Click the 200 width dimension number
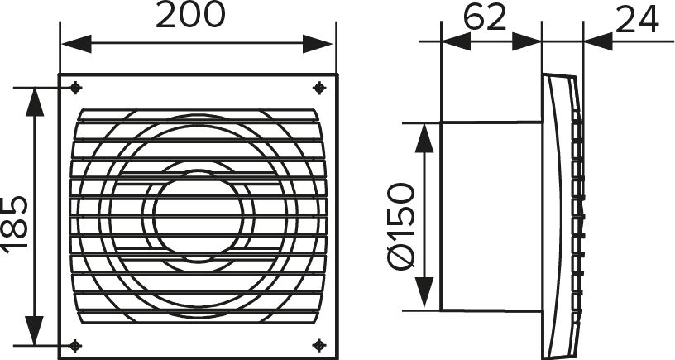[x=190, y=15]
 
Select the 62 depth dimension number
[x=485, y=18]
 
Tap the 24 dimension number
[x=637, y=19]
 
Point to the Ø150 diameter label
[x=401, y=226]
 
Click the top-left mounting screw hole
[x=76, y=88]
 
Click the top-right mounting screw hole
[x=319, y=88]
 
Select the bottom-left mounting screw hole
[x=76, y=345]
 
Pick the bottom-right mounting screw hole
[x=319, y=345]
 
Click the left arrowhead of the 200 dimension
[x=77, y=44]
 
